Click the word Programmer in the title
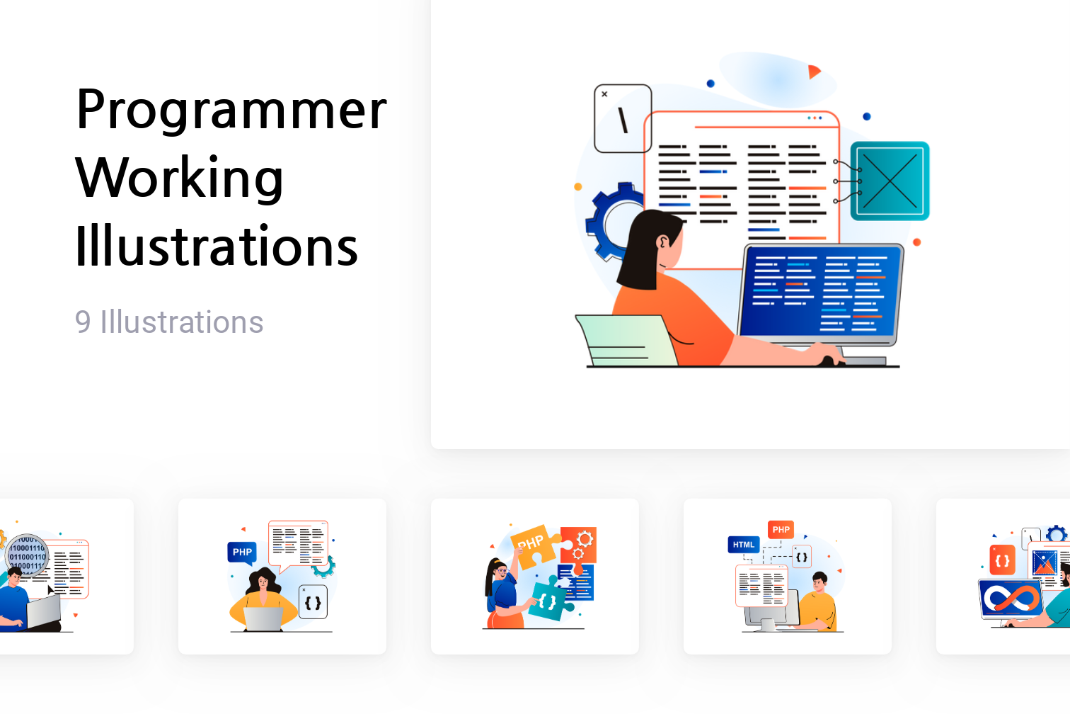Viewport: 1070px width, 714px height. point(231,110)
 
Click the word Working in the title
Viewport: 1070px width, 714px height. point(180,178)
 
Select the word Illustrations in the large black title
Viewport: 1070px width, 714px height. point(217,246)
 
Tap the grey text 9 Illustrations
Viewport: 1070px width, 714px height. point(169,322)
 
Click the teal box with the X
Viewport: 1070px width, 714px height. point(890,181)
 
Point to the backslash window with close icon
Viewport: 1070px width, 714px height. point(622,118)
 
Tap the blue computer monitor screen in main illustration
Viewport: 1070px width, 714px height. point(820,291)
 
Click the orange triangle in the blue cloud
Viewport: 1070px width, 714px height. point(813,72)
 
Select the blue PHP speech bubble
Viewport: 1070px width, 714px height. point(242,552)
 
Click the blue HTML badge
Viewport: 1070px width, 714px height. point(743,545)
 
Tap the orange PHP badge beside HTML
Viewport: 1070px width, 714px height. point(781,529)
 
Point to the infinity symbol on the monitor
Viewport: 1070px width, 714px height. point(1012,599)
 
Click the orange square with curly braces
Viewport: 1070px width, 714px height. point(1002,560)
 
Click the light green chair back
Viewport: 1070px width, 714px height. point(626,340)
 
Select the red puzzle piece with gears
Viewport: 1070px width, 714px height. point(580,543)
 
